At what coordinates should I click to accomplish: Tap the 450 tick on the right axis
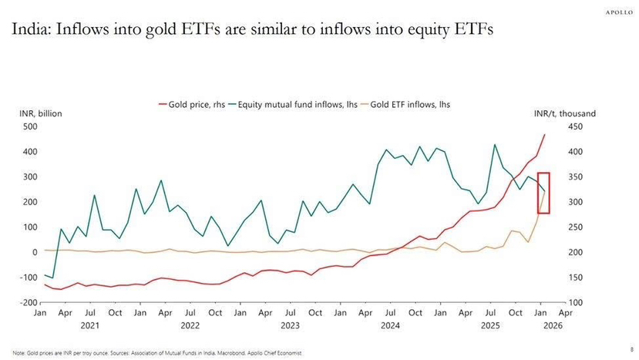click(x=576, y=126)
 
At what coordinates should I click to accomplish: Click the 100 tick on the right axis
click(x=576, y=302)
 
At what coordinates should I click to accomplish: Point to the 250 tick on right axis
click(x=576, y=227)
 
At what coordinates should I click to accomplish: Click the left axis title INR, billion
click(x=40, y=113)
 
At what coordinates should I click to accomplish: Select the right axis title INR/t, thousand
click(x=570, y=113)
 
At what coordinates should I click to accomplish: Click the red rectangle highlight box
click(x=543, y=193)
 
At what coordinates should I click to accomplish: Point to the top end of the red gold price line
click(x=544, y=135)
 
